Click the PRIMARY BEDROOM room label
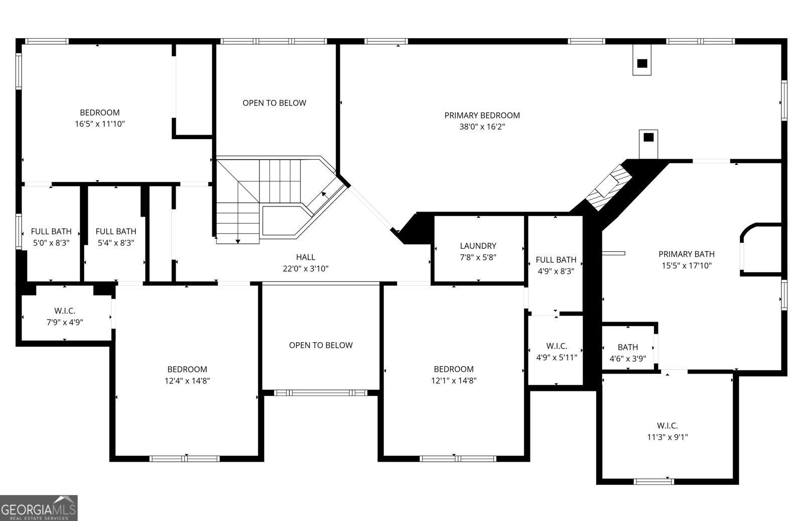coord(482,116)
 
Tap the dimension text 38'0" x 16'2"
coord(482,127)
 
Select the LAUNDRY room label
coord(478,246)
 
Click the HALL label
coord(306,257)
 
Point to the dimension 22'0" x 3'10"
coord(306,269)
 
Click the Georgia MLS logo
coord(39,508)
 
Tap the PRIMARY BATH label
coord(686,254)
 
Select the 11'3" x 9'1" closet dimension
coord(667,437)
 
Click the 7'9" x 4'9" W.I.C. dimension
coord(65,323)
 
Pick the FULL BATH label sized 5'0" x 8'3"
coord(51,232)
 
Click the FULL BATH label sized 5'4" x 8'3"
coord(116,232)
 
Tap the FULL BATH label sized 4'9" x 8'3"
coord(556,260)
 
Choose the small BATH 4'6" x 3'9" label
coord(627,347)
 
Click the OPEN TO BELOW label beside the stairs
coord(274,103)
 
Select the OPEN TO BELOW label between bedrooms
coord(321,345)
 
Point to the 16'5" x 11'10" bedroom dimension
coord(100,124)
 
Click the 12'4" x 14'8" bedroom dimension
coord(187,381)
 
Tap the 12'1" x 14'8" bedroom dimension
coord(454,381)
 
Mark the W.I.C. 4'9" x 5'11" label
coord(557,346)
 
